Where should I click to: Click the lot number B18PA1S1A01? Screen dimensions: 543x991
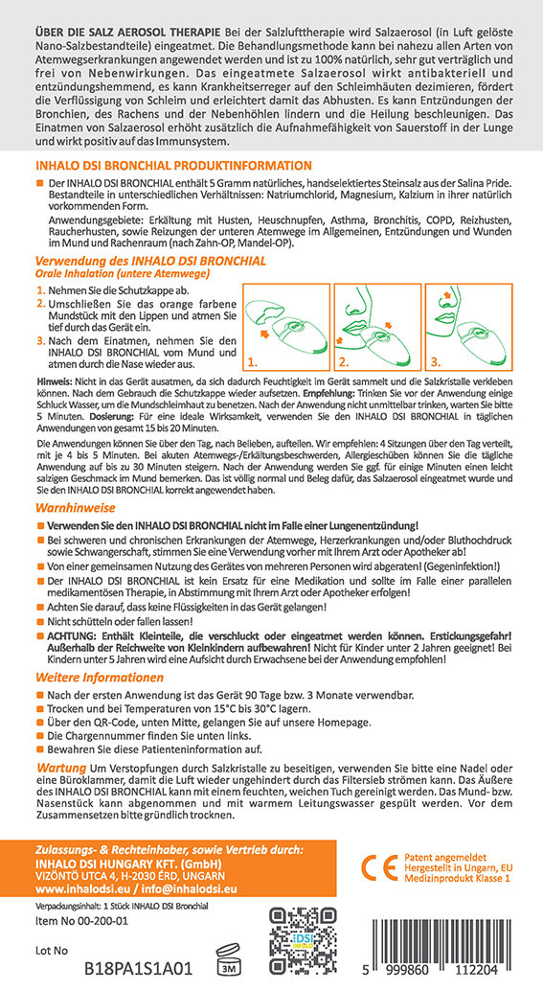pos(138,969)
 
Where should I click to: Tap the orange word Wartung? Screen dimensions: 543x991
pos(60,768)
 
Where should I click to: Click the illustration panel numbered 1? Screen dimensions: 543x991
pos(286,327)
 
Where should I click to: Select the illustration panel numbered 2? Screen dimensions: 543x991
pos(377,327)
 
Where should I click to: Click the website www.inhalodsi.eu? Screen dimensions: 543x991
pos(79,888)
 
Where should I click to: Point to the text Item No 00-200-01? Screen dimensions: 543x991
pos(81,921)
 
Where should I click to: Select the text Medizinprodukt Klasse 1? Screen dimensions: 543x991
pos(457,879)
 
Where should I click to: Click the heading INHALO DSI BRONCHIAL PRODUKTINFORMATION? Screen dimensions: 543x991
pos(173,166)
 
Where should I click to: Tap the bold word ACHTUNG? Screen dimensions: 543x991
pos(73,633)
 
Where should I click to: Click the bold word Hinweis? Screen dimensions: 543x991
pos(55,383)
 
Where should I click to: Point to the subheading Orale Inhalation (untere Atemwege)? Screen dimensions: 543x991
pos(123,273)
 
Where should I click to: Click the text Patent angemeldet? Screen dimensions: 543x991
pos(445,858)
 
